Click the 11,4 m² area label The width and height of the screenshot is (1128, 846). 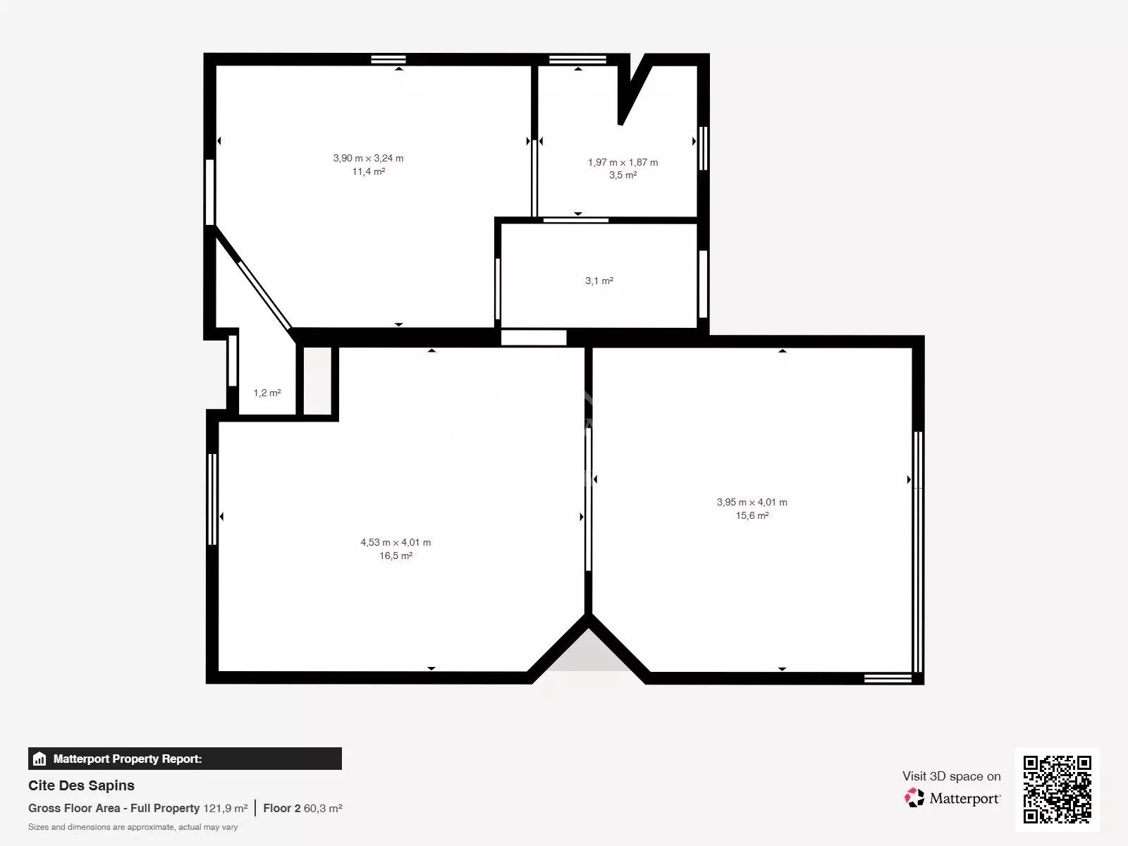(369, 171)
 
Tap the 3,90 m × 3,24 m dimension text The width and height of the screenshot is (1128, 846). (369, 158)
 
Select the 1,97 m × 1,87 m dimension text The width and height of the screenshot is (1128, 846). (623, 162)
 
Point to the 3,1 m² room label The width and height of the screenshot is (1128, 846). (599, 281)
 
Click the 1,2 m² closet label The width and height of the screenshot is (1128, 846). (267, 393)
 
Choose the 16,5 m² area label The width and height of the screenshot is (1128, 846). (396, 556)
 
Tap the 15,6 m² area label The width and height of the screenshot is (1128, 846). (752, 516)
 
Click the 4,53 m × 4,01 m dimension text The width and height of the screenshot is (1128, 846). (396, 542)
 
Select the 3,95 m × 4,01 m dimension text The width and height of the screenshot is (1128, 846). (752, 503)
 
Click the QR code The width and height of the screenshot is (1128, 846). (1057, 790)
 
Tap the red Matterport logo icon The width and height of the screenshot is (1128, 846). (914, 798)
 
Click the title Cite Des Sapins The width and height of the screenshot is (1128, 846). (81, 785)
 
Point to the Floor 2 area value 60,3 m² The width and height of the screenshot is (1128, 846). (323, 809)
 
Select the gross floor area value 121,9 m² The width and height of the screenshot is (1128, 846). (226, 809)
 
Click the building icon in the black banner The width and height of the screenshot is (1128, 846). (39, 759)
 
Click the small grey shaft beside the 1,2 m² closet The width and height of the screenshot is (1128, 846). (317, 381)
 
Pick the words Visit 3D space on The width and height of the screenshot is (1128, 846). (951, 776)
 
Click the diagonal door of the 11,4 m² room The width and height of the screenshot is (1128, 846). (264, 295)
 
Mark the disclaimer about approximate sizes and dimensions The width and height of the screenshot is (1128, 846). (133, 827)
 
